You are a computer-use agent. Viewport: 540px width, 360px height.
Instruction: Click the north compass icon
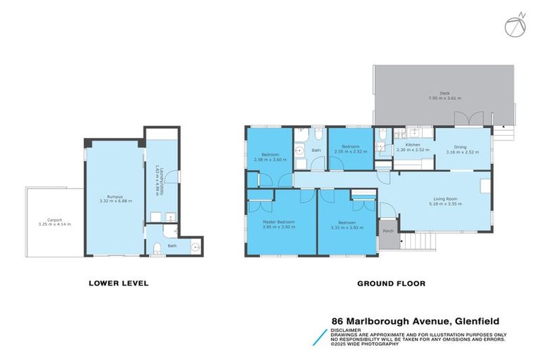(514, 25)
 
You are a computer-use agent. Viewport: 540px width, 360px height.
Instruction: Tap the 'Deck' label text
(444, 93)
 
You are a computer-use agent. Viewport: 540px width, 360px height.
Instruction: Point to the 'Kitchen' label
(413, 145)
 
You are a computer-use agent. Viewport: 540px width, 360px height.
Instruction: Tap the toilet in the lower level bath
(157, 246)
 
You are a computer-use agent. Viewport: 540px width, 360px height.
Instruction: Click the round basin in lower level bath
(194, 247)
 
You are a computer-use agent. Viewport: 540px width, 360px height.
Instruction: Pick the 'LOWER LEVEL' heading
(118, 283)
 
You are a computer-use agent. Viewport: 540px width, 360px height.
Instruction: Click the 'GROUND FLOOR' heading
(392, 283)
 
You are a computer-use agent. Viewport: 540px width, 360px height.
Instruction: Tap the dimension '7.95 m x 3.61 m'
(444, 98)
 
